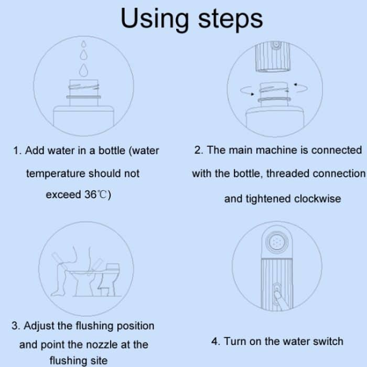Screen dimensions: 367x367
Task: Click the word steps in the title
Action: pos(231,20)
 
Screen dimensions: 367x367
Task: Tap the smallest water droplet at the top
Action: pos(83,44)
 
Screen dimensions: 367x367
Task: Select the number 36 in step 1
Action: pos(91,195)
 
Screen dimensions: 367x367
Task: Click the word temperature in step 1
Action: pos(56,174)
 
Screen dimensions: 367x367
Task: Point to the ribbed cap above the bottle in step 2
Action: pos(273,57)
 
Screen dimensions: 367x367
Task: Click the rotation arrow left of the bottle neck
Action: pos(246,91)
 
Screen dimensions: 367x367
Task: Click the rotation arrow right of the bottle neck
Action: pos(301,88)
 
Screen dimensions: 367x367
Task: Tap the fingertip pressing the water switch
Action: pos(277,293)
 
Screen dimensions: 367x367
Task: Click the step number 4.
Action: pos(215,341)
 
